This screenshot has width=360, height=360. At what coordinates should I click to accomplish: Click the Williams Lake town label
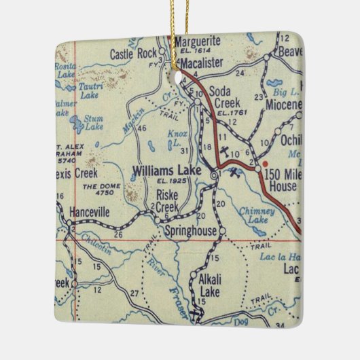coord(167,170)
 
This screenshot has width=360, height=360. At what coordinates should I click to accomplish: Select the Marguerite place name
coord(198,42)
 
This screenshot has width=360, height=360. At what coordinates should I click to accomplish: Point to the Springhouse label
coord(191,232)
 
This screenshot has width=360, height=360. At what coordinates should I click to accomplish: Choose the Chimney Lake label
coord(256,215)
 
